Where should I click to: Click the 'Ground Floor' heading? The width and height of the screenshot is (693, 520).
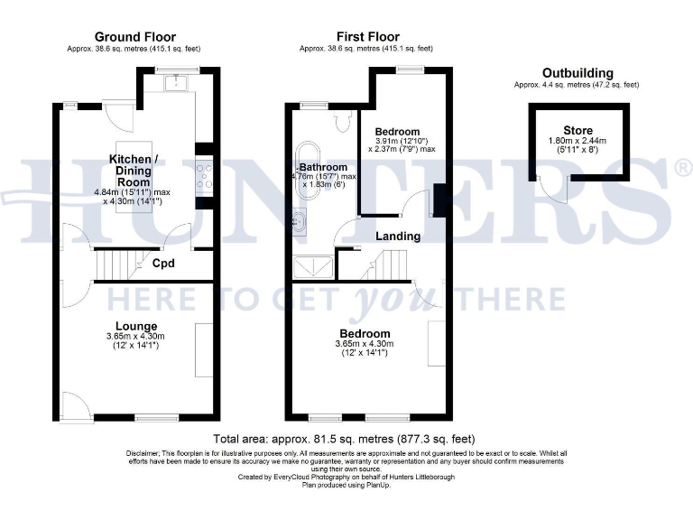coord(135,37)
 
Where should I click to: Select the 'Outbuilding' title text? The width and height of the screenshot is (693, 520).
coord(577,73)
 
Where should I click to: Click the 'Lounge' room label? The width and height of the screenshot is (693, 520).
coord(136,326)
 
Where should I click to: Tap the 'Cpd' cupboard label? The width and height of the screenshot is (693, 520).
coord(163,265)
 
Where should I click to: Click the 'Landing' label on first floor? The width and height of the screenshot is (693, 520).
coord(398,237)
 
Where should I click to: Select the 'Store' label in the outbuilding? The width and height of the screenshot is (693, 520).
coord(578,131)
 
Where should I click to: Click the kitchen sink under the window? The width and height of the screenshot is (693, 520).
coord(176,83)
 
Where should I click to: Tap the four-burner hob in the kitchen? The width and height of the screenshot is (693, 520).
coord(204,176)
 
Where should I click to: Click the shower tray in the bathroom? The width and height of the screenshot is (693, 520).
coord(312,265)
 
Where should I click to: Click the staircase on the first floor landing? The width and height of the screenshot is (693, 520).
coord(390,265)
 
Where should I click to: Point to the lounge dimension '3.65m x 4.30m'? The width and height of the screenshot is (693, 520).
coord(136,337)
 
